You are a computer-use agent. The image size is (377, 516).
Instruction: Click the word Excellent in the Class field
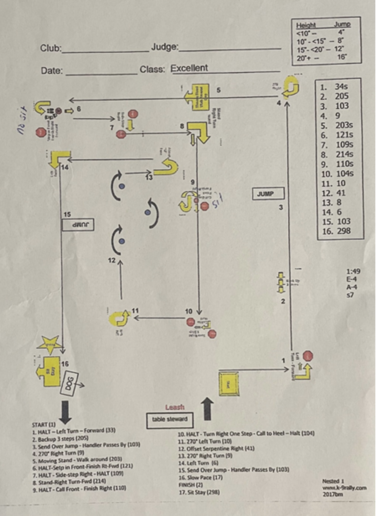click(190, 68)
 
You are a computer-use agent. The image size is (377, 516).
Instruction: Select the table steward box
click(169, 419)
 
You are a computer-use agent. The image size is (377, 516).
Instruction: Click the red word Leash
click(174, 408)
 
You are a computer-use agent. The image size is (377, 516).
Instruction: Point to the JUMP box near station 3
click(268, 194)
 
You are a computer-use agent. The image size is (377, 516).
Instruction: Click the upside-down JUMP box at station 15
click(77, 225)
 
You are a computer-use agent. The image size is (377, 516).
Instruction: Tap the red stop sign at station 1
click(308, 356)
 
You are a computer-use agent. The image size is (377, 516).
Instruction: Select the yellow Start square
click(228, 383)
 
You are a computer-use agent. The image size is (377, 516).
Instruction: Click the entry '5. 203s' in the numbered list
click(334, 125)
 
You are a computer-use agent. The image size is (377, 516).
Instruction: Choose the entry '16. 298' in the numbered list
click(334, 231)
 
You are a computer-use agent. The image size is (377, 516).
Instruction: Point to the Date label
click(52, 71)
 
